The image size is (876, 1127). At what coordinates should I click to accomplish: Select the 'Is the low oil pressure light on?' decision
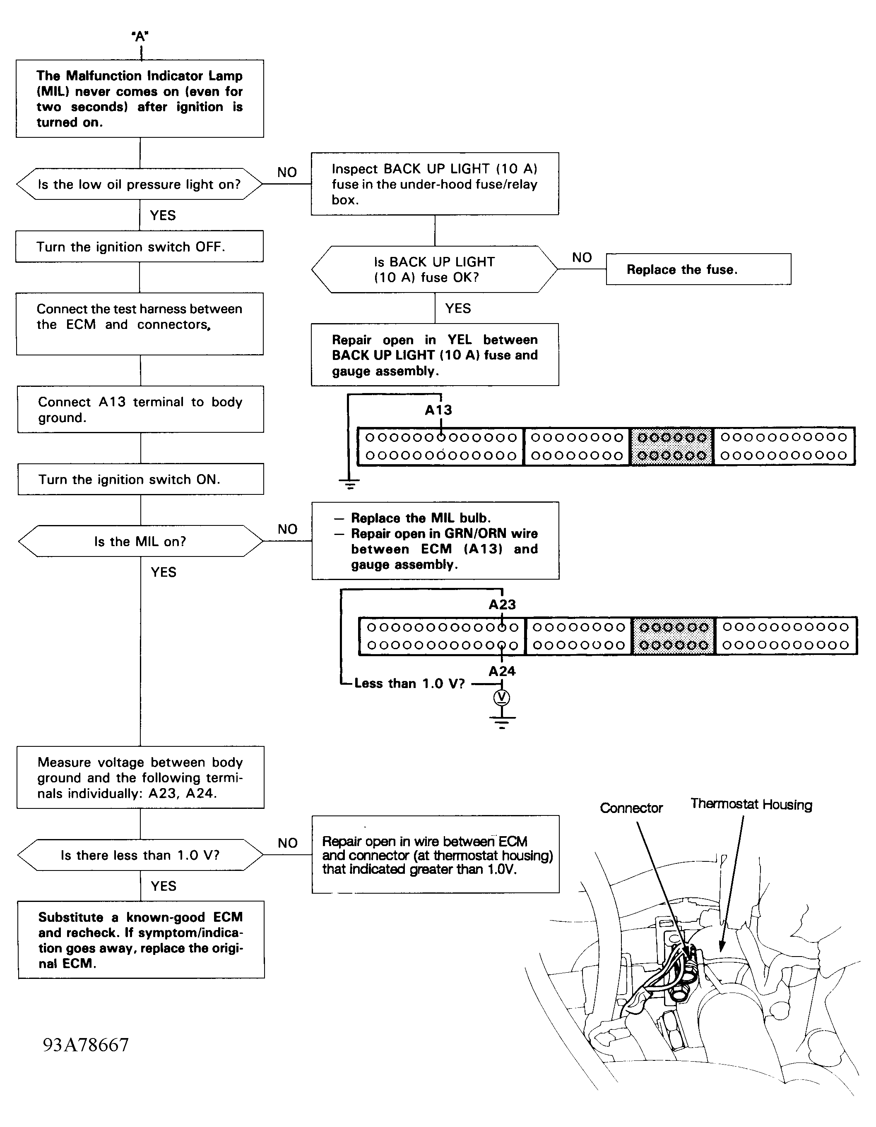[140, 184]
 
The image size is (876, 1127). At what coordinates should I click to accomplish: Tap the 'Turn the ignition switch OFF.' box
[140, 247]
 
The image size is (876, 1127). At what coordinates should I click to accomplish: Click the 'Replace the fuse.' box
[698, 269]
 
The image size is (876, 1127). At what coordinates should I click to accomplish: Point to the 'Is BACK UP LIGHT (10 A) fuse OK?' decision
[434, 269]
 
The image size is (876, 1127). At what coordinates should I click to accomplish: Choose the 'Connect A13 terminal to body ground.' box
[140, 410]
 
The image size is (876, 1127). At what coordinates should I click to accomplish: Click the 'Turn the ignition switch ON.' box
[140, 480]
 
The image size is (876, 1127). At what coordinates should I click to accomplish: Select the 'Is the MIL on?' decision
[140, 541]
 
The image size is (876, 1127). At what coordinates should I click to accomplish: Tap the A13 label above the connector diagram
[438, 410]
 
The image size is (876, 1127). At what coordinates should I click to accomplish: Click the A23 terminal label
[502, 604]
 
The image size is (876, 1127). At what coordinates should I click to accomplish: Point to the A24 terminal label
[502, 671]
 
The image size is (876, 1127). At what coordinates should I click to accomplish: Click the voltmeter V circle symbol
[502, 698]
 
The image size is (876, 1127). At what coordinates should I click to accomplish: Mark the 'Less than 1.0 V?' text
[409, 684]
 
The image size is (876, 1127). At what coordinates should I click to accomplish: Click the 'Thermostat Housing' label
[751, 804]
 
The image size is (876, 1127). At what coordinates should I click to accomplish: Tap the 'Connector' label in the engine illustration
[631, 808]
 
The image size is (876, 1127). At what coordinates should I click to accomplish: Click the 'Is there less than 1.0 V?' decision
[140, 855]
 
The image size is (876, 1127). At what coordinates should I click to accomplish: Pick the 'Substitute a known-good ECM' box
[140, 940]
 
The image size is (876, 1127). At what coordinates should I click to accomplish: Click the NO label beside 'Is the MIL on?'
[288, 529]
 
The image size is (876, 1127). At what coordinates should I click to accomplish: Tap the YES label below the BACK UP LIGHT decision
[458, 309]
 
